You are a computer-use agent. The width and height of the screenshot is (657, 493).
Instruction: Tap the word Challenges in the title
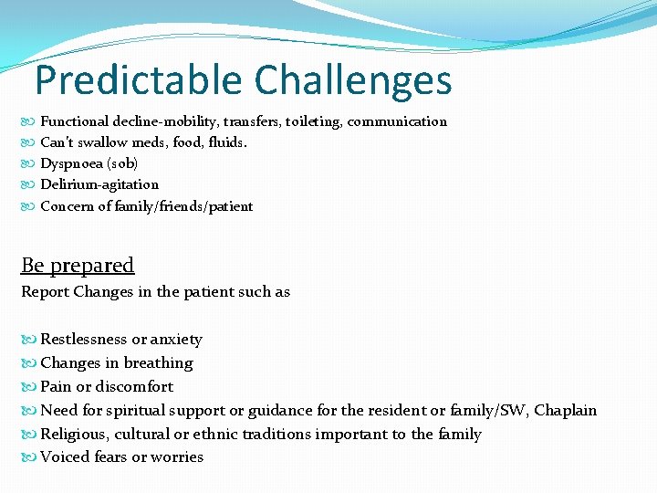(x=353, y=80)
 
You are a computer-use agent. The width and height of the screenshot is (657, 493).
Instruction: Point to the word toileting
(x=312, y=121)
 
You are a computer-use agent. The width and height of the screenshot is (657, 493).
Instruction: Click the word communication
(x=397, y=121)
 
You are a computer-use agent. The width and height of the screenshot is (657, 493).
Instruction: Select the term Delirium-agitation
(x=99, y=184)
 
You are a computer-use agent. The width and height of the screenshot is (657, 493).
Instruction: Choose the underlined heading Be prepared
(x=78, y=266)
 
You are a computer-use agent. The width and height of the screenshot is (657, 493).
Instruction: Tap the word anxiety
(x=177, y=340)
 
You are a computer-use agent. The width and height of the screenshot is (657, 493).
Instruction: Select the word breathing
(x=158, y=363)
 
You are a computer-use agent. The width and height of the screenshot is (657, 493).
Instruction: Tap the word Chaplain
(x=565, y=411)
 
